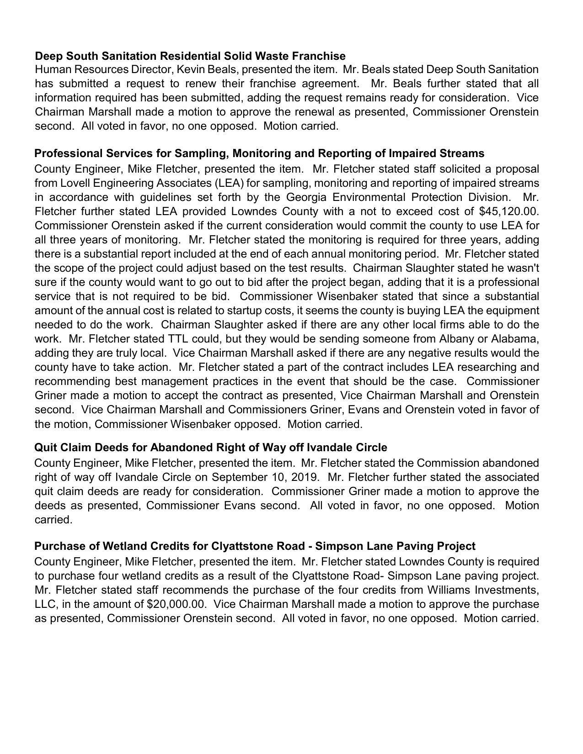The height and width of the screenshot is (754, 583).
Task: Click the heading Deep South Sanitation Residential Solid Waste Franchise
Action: point(190,56)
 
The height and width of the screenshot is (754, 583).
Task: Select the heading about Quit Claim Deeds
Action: point(210,447)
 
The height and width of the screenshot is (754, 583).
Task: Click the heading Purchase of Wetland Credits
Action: point(255,546)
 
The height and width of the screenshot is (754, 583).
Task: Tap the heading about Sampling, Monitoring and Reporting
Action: point(259,153)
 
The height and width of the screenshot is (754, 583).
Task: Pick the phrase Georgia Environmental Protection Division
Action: point(397,197)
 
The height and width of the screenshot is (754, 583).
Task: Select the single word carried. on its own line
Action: point(53,520)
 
